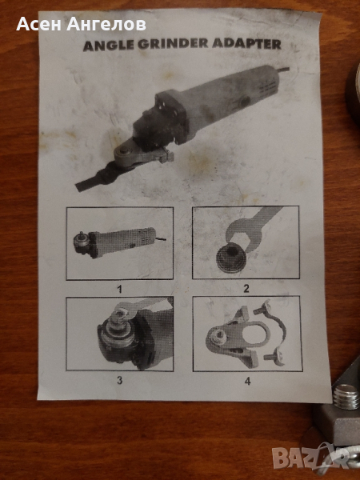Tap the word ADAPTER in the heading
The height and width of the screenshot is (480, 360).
click(x=246, y=44)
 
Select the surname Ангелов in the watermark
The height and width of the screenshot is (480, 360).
click(x=106, y=24)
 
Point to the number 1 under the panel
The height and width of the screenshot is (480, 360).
click(x=120, y=290)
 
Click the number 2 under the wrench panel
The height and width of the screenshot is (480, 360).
click(x=246, y=288)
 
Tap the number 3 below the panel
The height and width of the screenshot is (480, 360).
click(x=120, y=380)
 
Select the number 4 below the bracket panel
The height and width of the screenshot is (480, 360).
click(x=247, y=381)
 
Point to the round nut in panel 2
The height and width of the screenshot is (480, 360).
click(x=231, y=258)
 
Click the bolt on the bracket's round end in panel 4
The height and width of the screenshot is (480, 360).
click(x=218, y=338)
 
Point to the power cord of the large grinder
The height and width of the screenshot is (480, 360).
click(x=282, y=70)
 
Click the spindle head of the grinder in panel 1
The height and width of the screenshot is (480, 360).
click(x=82, y=242)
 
